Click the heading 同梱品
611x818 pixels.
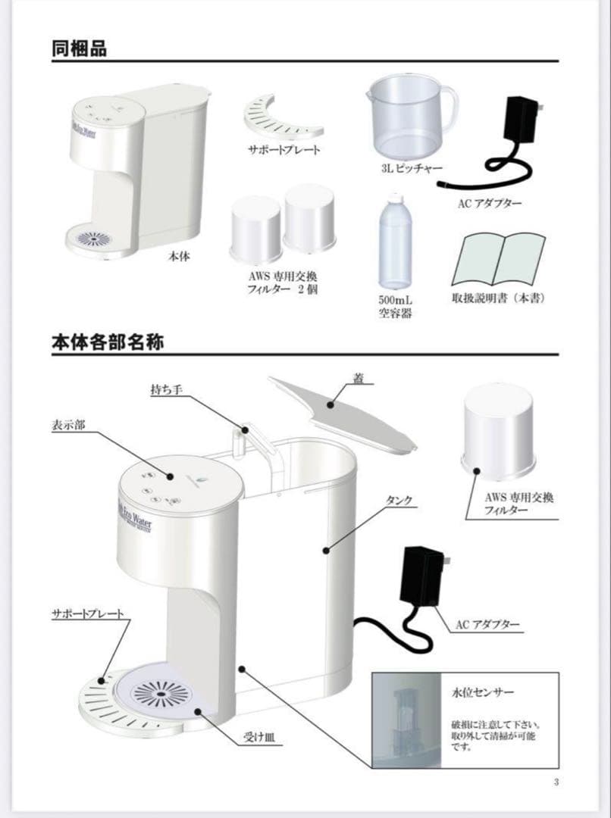[79, 48]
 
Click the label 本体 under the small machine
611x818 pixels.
[179, 258]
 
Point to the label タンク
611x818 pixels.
[399, 501]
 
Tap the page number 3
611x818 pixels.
[556, 782]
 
